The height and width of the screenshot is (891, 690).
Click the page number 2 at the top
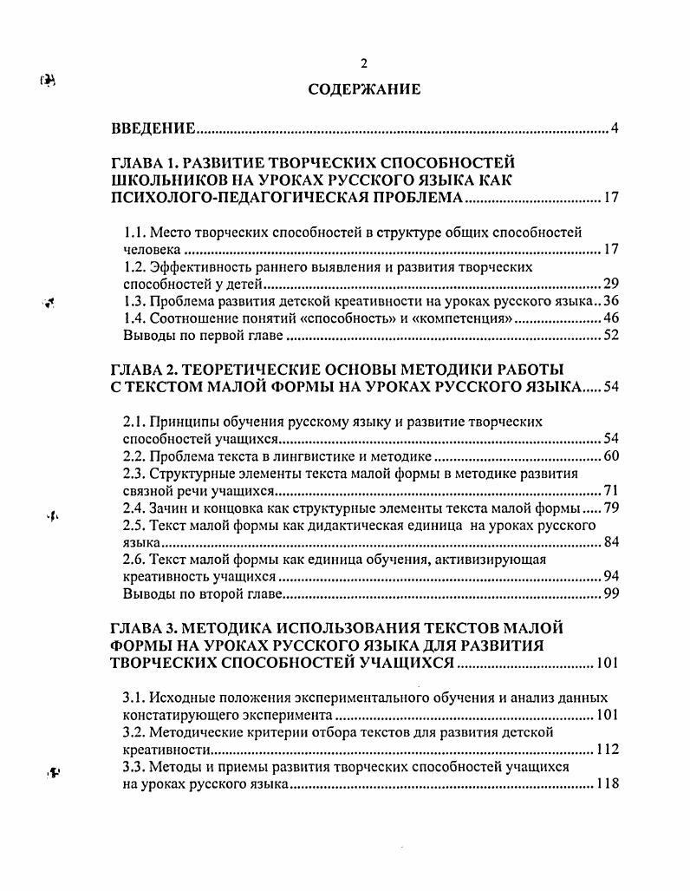pyautogui.click(x=364, y=63)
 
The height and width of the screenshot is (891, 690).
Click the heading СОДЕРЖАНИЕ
pyautogui.click(x=364, y=89)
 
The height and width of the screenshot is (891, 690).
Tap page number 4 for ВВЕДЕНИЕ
pyautogui.click(x=614, y=129)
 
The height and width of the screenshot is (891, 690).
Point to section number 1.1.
pyautogui.click(x=133, y=233)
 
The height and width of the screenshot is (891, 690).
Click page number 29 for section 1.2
pyautogui.click(x=610, y=285)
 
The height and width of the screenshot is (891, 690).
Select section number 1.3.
pyautogui.click(x=133, y=302)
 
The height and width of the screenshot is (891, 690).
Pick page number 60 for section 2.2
pyautogui.click(x=610, y=456)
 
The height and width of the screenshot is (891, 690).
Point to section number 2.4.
pyautogui.click(x=133, y=508)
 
